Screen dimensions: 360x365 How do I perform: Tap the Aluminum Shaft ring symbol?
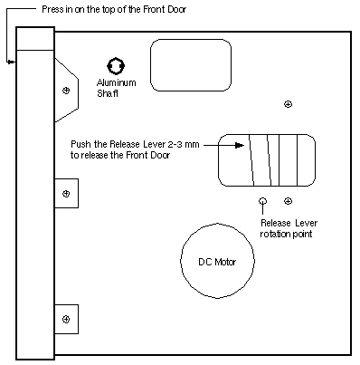point(116,58)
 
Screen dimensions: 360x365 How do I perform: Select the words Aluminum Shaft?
point(116,88)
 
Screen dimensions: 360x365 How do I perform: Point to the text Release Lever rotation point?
point(289,228)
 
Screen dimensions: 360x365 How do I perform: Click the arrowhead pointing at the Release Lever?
point(240,145)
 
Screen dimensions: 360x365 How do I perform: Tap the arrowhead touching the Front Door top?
point(11,62)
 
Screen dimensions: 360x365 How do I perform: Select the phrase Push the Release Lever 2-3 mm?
point(135,144)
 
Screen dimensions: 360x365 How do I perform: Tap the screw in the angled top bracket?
point(66,91)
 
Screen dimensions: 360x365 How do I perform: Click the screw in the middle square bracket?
point(66,193)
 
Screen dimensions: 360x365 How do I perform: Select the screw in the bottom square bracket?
point(66,319)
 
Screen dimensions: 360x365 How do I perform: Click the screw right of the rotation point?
point(289,201)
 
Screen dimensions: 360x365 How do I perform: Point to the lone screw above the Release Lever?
point(289,104)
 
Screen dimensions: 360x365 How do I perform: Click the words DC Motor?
point(217,262)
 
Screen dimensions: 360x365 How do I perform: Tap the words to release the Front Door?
point(120,155)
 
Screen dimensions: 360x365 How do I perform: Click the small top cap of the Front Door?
point(35,39)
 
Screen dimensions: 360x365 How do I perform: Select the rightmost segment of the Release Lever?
point(307,160)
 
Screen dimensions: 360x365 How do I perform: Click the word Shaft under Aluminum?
point(108,93)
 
